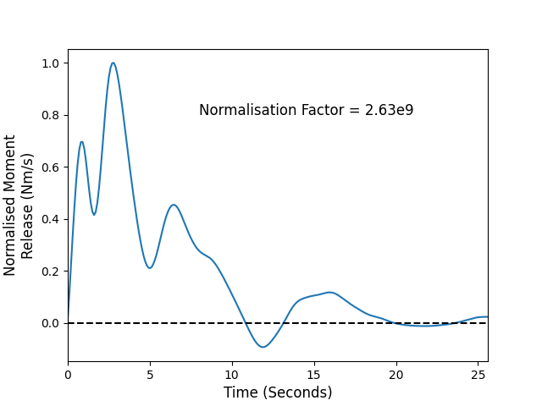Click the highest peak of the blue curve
(113, 63)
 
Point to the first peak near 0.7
(81, 142)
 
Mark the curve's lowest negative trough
(263, 347)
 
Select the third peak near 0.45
(174, 205)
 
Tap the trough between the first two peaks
(94, 214)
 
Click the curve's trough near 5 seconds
(150, 268)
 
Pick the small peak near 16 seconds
(330, 293)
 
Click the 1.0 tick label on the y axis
(51, 63)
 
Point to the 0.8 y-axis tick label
(51, 115)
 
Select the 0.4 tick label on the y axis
(51, 220)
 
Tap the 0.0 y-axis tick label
(51, 323)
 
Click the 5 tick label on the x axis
(150, 375)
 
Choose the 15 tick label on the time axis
(314, 375)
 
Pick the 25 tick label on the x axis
(478, 375)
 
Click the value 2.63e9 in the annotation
(390, 110)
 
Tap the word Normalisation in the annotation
(248, 110)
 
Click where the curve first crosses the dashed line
(246, 323)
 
